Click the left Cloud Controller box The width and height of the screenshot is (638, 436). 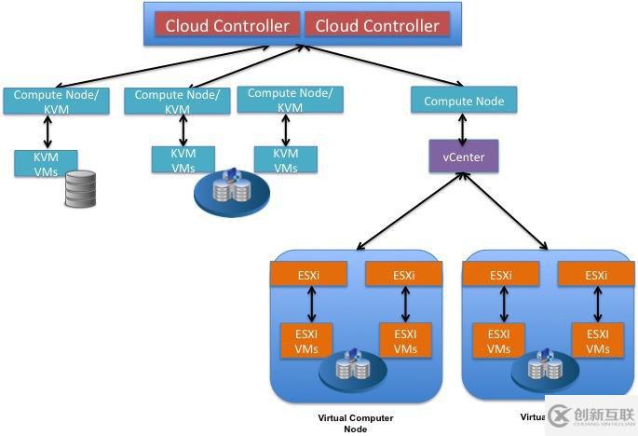(x=227, y=25)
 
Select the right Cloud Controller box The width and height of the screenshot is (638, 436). (x=376, y=25)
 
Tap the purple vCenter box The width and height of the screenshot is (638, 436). (x=463, y=157)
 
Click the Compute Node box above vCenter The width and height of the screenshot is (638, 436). (x=463, y=101)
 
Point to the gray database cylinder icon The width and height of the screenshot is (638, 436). (x=80, y=188)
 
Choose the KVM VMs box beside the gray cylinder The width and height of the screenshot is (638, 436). (x=46, y=163)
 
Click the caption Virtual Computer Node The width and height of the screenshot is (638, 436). (x=356, y=423)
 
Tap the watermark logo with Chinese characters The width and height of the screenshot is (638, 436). (x=590, y=416)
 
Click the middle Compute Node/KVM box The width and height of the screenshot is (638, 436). (x=177, y=101)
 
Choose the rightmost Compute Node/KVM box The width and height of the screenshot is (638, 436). (x=290, y=100)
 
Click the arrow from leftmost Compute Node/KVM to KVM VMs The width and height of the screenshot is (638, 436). (x=47, y=131)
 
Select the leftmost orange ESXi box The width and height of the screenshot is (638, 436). (x=308, y=275)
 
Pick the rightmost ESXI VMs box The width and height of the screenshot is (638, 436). (x=596, y=341)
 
